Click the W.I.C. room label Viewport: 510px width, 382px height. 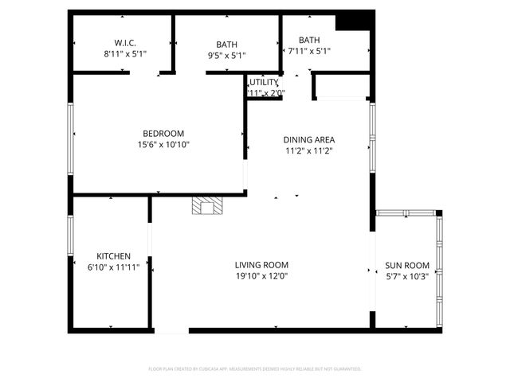125,43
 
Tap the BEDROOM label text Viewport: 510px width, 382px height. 163,133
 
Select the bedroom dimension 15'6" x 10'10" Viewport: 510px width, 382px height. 163,144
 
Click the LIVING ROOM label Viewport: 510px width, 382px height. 261,265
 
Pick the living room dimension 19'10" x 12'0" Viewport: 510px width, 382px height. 261,276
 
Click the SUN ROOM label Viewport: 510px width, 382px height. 407,265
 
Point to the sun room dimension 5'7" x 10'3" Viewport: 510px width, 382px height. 407,276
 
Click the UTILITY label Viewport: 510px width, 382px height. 264,82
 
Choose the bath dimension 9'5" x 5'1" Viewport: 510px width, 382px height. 227,56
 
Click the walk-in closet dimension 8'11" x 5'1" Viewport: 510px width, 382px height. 125,54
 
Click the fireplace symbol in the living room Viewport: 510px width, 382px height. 208,207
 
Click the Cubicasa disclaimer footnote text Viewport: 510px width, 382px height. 255,369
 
